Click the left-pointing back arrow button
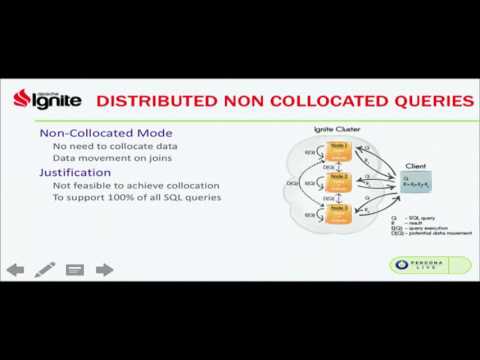tap(15, 269)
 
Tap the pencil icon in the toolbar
tap(45, 269)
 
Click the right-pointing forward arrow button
tap(104, 269)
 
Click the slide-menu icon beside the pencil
tap(74, 269)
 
